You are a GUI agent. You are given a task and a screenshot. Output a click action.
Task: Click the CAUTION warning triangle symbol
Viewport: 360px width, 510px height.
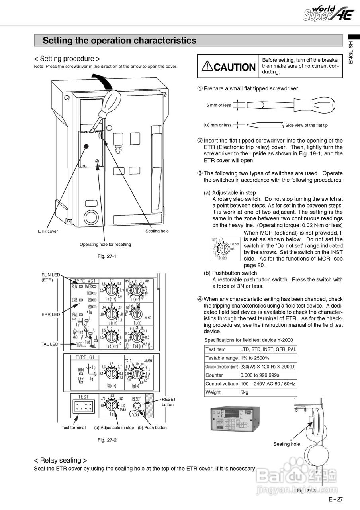[207, 66]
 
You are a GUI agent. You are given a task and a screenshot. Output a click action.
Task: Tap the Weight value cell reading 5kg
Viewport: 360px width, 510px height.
[244, 392]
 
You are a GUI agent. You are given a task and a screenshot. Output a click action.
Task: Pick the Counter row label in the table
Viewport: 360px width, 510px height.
[214, 375]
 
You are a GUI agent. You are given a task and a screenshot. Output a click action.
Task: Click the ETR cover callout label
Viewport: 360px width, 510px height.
[48, 231]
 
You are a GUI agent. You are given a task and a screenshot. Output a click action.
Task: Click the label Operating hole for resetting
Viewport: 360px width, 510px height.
[105, 244]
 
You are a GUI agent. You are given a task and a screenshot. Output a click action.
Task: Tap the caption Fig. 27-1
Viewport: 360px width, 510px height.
[107, 256]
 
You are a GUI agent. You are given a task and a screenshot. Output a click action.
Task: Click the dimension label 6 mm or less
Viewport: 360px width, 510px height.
[218, 105]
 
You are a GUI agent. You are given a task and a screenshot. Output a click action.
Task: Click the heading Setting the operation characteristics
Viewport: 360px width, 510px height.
[119, 41]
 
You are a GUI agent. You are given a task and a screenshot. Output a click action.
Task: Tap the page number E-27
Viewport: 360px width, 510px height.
[335, 499]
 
